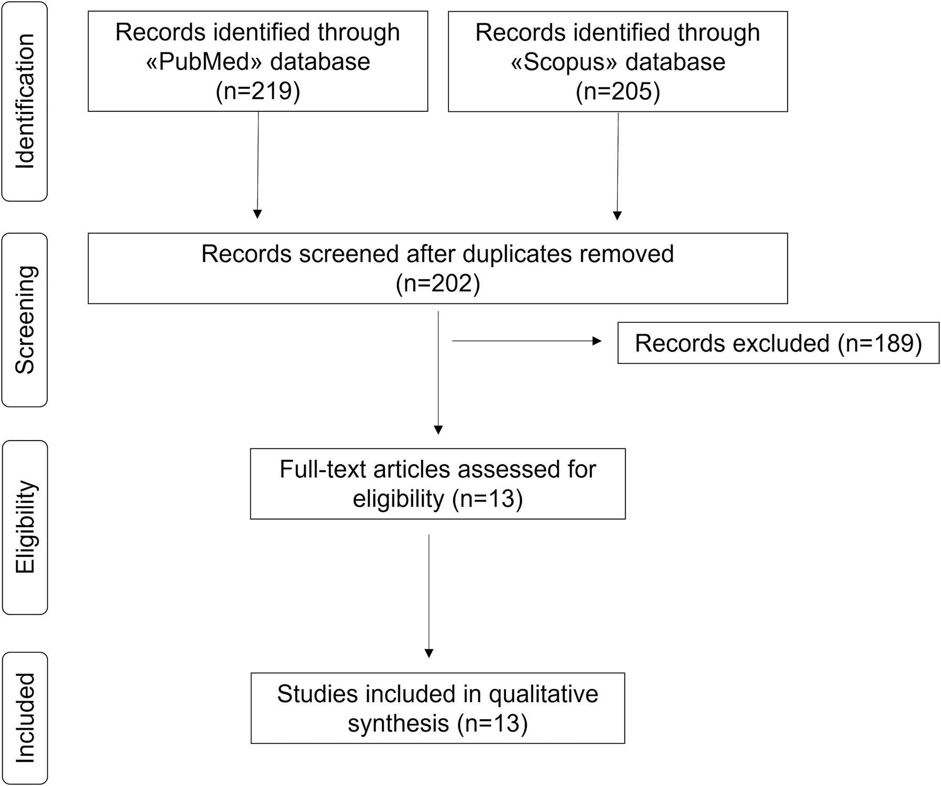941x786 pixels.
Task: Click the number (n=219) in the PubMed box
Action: [258, 91]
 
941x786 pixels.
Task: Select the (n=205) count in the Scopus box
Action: [618, 91]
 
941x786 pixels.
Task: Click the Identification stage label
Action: [25, 101]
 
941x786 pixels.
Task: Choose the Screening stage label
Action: [25, 320]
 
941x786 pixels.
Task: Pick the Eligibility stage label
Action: [25, 527]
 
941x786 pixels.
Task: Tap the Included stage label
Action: [25, 718]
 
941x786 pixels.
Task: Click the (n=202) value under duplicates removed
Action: [438, 284]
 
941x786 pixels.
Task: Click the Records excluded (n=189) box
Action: [778, 343]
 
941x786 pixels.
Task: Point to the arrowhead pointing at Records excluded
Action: [597, 341]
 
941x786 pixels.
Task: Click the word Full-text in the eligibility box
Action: [323, 469]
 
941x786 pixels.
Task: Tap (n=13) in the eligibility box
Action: [487, 499]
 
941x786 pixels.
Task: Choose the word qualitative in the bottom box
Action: [543, 694]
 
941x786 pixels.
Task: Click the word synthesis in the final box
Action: [399, 724]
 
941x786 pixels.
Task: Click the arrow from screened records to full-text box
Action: [438, 373]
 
